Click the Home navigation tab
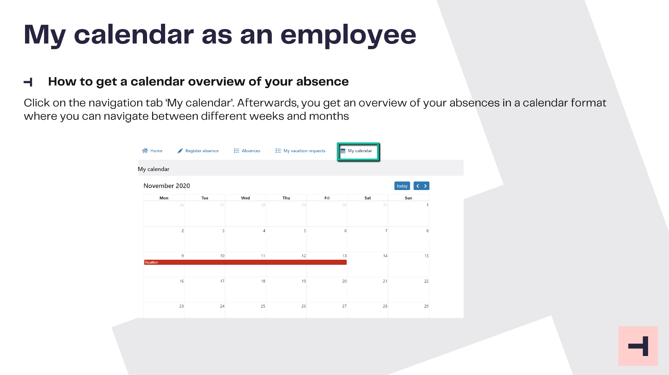pos(152,151)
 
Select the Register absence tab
pos(198,151)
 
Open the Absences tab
pos(247,151)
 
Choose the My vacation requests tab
pos(300,151)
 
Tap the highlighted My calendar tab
pos(358,151)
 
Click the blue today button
pos(402,186)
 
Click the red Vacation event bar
pos(245,262)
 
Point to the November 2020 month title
pos(167,186)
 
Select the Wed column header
pos(245,198)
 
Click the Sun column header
pos(408,198)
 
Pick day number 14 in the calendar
pos(385,256)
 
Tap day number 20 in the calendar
pos(344,281)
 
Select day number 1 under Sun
pos(427,205)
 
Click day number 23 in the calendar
pos(182,306)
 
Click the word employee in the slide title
pos(348,35)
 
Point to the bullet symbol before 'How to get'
pos(28,82)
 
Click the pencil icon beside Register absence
pos(180,151)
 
